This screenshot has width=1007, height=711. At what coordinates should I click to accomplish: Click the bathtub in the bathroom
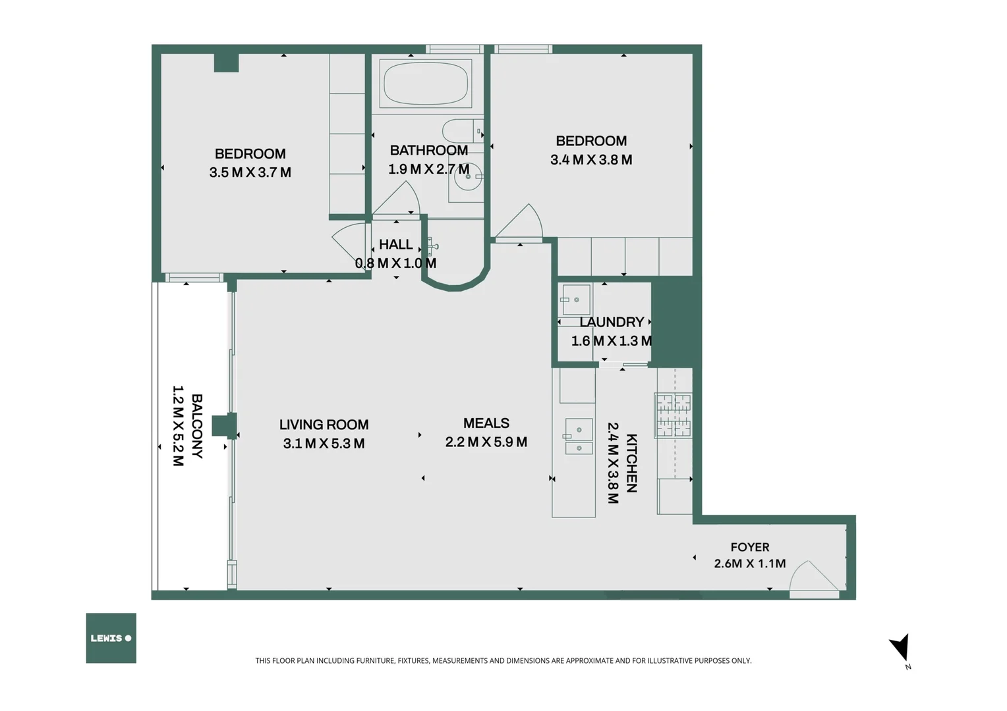426,84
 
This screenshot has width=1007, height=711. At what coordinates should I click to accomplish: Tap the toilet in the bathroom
463,131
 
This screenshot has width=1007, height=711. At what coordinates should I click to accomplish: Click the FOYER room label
750,547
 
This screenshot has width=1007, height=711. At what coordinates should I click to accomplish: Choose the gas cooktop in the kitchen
673,415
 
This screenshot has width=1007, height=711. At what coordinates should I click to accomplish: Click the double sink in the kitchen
579,436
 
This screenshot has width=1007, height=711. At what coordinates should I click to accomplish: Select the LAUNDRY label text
612,322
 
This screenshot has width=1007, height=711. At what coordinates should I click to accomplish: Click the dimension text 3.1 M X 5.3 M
324,444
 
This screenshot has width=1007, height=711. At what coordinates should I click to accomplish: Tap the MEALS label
486,423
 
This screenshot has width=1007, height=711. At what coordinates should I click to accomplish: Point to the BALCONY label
197,426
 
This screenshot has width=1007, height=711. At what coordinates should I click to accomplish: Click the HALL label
395,244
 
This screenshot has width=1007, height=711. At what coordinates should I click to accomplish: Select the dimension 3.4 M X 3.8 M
591,160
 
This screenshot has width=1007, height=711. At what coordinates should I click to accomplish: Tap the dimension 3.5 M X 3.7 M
250,172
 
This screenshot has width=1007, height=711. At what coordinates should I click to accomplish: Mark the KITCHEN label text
631,463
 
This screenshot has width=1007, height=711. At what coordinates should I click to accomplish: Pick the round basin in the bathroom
467,176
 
